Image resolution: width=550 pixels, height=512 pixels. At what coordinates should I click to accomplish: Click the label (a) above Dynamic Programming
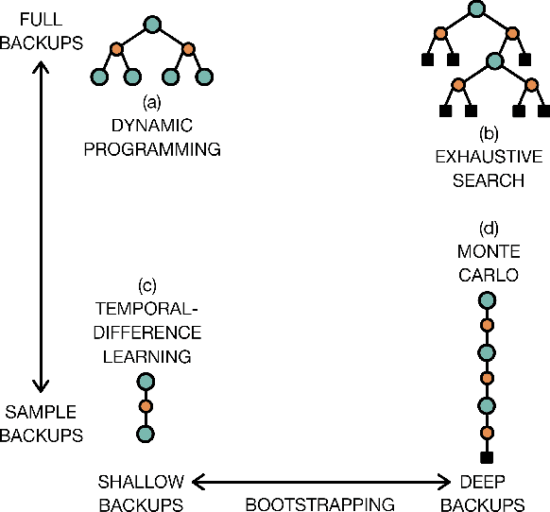(151, 101)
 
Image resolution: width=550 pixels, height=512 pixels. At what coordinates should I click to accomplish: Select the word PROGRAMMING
(152, 148)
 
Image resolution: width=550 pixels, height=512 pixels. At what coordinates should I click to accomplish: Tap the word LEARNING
(146, 356)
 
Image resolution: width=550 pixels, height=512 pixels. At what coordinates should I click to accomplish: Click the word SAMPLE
(41, 412)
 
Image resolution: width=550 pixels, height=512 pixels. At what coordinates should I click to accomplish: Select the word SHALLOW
(141, 479)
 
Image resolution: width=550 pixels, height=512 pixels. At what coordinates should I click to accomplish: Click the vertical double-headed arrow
(41, 227)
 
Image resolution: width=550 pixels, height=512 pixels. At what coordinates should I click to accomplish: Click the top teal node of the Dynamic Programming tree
(151, 25)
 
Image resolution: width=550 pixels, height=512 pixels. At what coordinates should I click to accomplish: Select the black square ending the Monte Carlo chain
(487, 459)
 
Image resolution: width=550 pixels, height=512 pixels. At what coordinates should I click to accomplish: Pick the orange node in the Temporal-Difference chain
(146, 408)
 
